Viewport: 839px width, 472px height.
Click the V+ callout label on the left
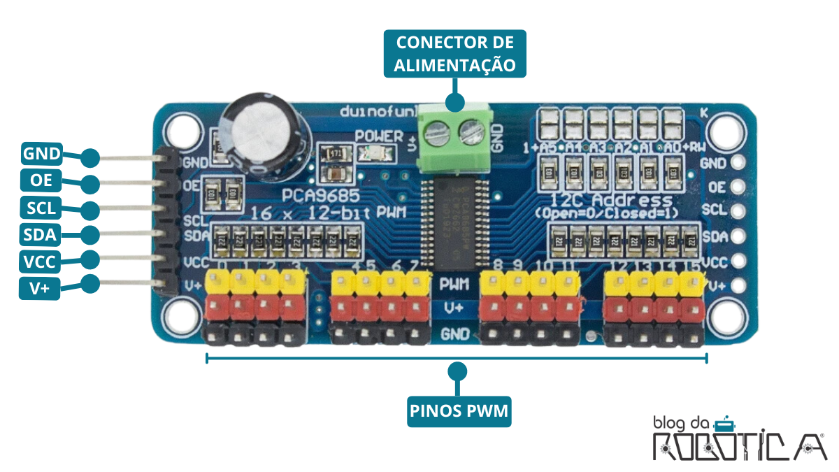coord(41,287)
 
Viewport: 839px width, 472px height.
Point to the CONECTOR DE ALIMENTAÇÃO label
coord(454,53)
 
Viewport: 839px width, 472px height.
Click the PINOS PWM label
coord(459,410)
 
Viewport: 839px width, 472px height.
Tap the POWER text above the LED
coord(378,136)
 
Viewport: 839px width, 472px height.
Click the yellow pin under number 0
coord(216,282)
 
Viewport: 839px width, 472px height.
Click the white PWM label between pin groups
coord(454,285)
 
